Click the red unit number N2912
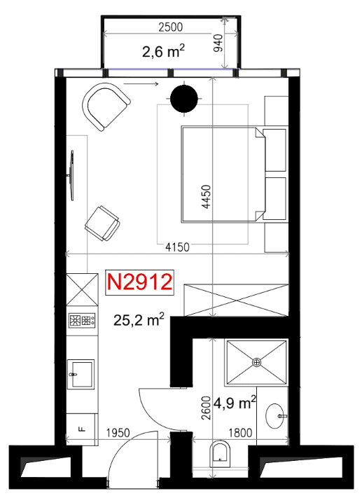click(x=140, y=282)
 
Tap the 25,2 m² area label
click(x=139, y=320)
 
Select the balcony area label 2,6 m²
click(x=163, y=51)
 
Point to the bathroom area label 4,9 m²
click(x=235, y=403)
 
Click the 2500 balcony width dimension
click(x=171, y=27)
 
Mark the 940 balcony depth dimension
click(x=218, y=43)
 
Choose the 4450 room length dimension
click(x=206, y=197)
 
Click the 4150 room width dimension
click(x=177, y=247)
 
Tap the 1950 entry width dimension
click(x=118, y=433)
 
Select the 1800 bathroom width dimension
click(x=240, y=433)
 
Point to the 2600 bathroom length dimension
click(x=206, y=408)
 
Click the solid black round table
click(x=184, y=99)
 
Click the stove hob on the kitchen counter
click(x=82, y=321)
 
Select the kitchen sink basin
click(x=81, y=375)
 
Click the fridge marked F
click(x=82, y=429)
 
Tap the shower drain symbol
click(x=256, y=362)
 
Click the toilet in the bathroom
click(x=220, y=454)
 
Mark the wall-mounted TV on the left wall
click(x=72, y=175)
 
